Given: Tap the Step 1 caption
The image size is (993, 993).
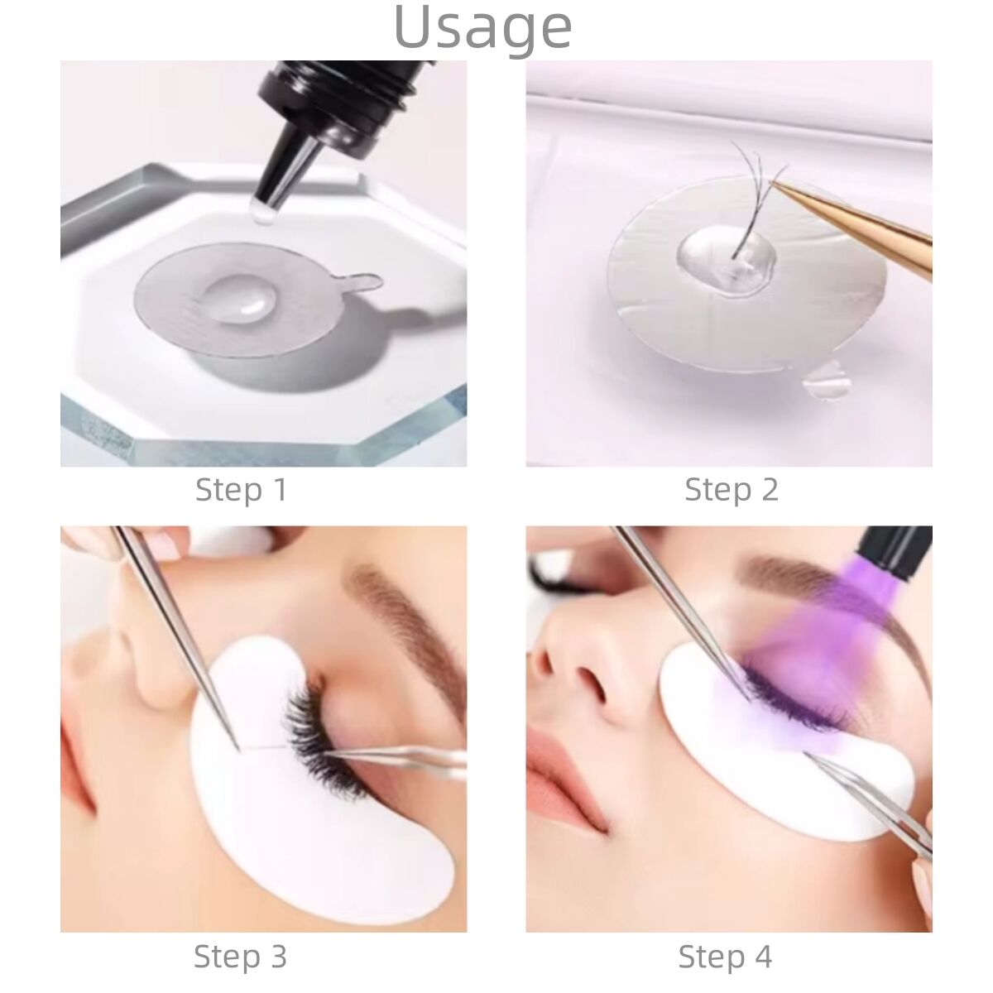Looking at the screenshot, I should tap(241, 490).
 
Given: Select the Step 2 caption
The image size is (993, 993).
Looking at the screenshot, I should tap(731, 490).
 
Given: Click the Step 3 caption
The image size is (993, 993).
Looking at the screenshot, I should tap(240, 957).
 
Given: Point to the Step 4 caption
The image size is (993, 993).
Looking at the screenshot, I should tap(725, 957).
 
